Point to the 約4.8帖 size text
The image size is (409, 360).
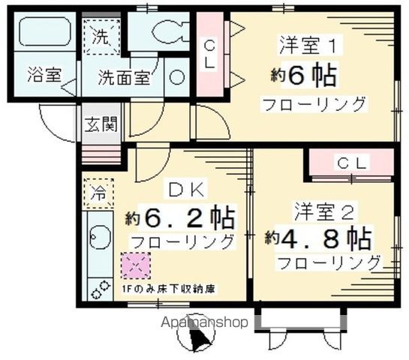(x=318, y=238)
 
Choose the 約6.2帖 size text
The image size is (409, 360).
(x=180, y=218)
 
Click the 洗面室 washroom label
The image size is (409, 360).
(x=125, y=76)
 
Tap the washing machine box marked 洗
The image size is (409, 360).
(x=101, y=36)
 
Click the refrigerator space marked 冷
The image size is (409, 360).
(x=99, y=192)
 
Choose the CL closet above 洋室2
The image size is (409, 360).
(x=350, y=162)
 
